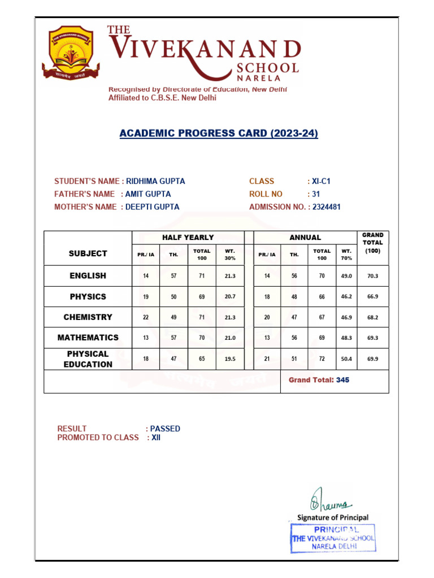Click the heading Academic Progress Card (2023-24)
[x=219, y=134]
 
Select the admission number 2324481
[x=327, y=207]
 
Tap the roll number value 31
[x=317, y=194]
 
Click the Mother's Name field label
[x=85, y=207]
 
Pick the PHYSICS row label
[x=88, y=296]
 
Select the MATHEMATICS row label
[x=88, y=338]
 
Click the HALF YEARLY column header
[x=188, y=238]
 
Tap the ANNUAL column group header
[x=305, y=238]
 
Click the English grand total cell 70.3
[x=372, y=276]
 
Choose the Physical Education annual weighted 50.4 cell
[x=346, y=359]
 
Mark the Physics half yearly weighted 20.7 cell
[x=230, y=296]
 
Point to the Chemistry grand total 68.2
[x=372, y=317]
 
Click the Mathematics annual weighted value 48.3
[x=346, y=338]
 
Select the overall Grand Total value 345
[x=342, y=380]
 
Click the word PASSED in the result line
[x=165, y=428]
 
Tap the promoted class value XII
[x=156, y=437]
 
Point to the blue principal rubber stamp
[x=333, y=538]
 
